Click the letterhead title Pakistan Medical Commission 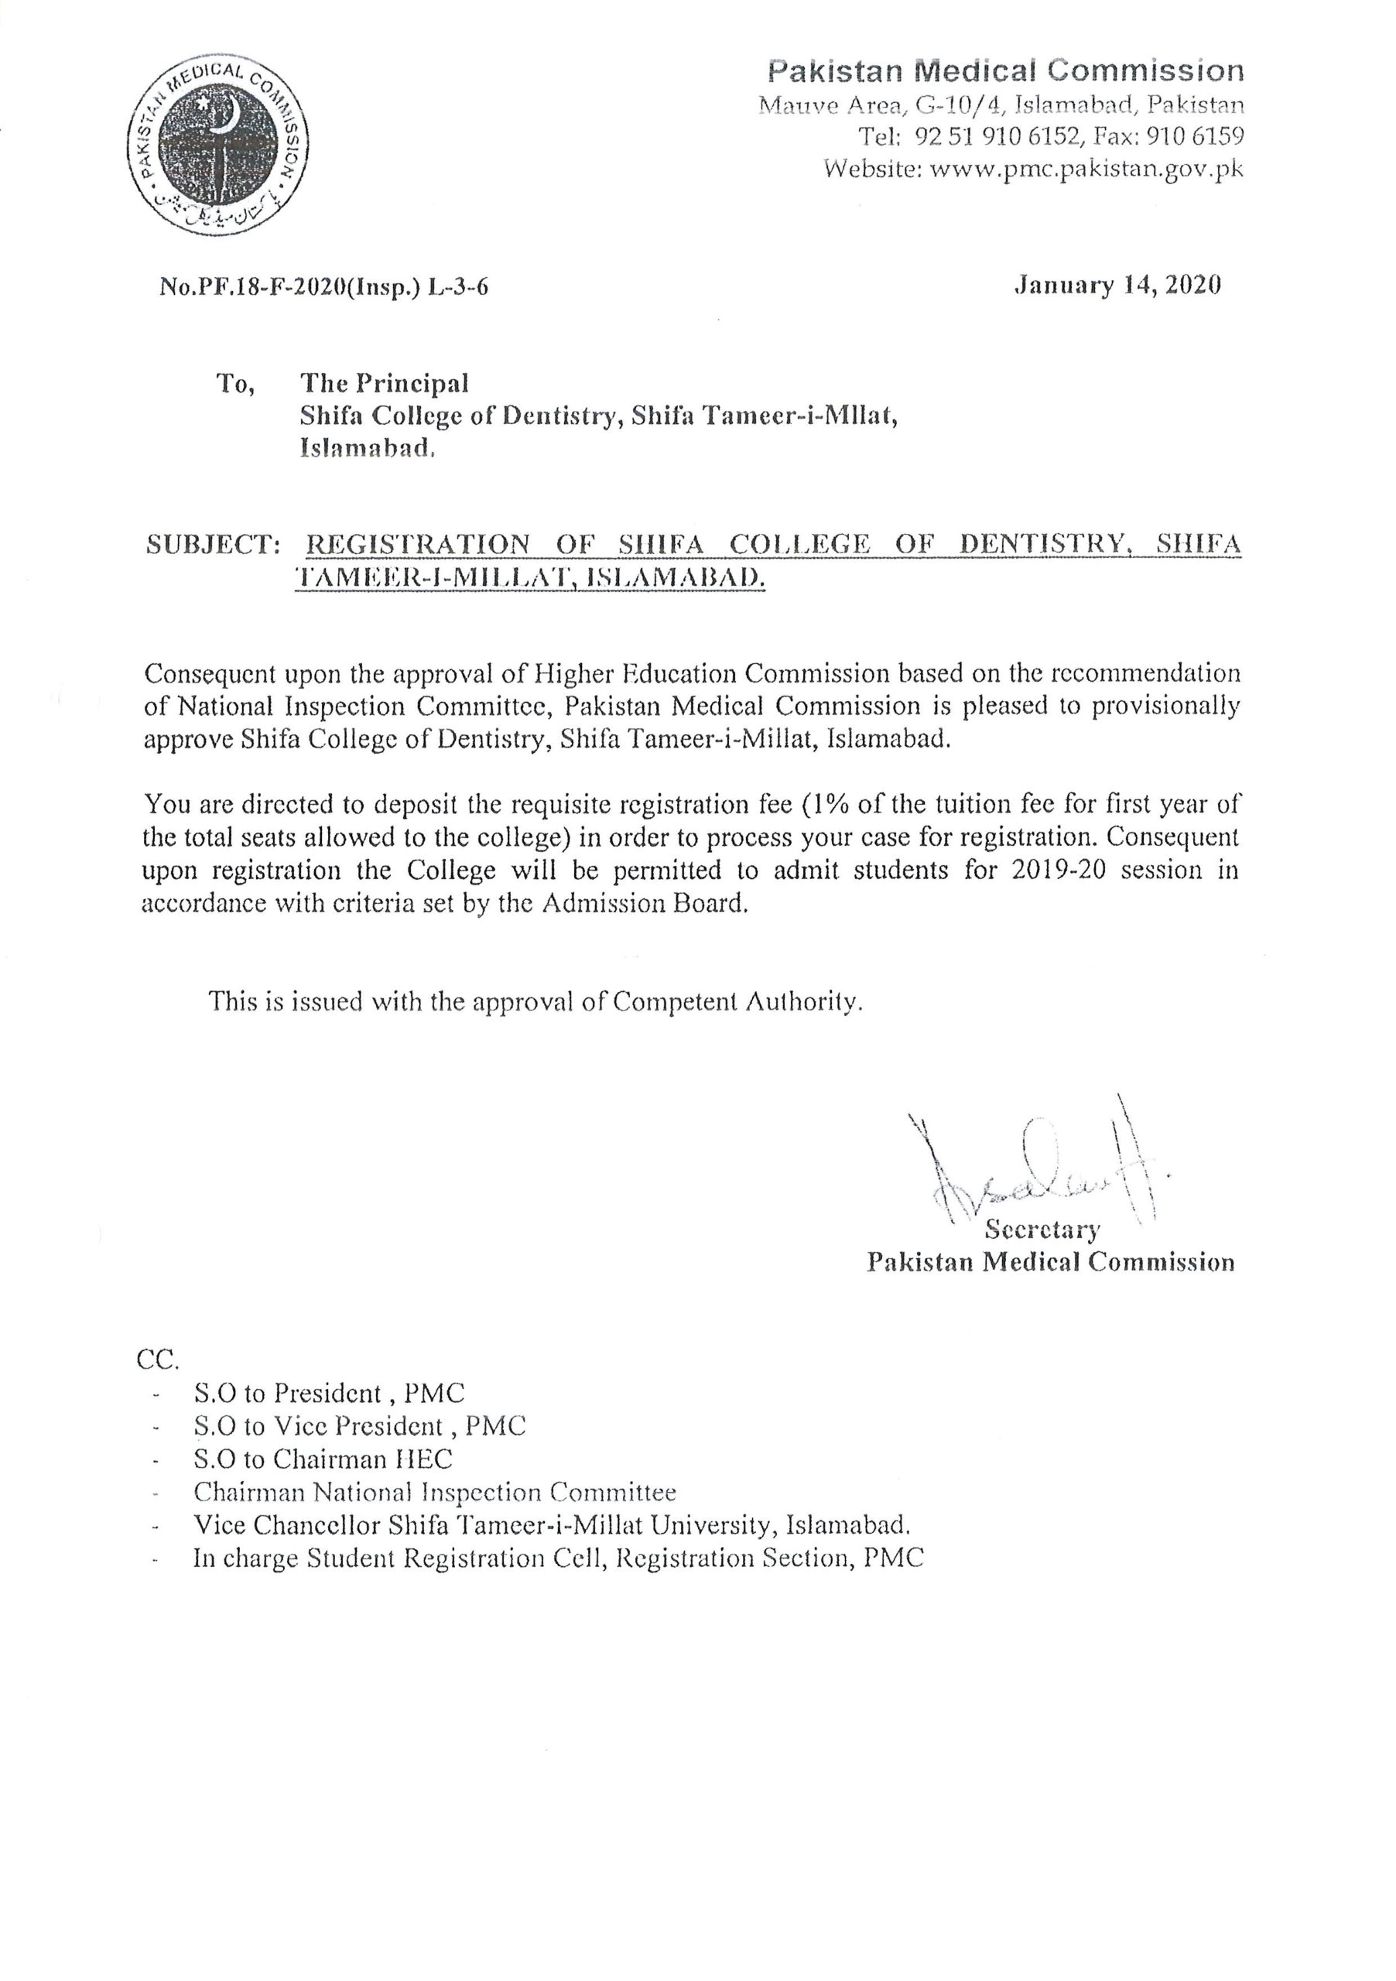click(1006, 70)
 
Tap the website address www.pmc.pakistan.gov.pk click(1086, 169)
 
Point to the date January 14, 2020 click(1117, 286)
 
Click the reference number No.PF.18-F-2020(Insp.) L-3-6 click(323, 287)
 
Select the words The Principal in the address click(384, 382)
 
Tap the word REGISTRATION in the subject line click(419, 546)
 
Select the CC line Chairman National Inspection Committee click(435, 1492)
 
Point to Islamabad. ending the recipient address click(366, 448)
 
